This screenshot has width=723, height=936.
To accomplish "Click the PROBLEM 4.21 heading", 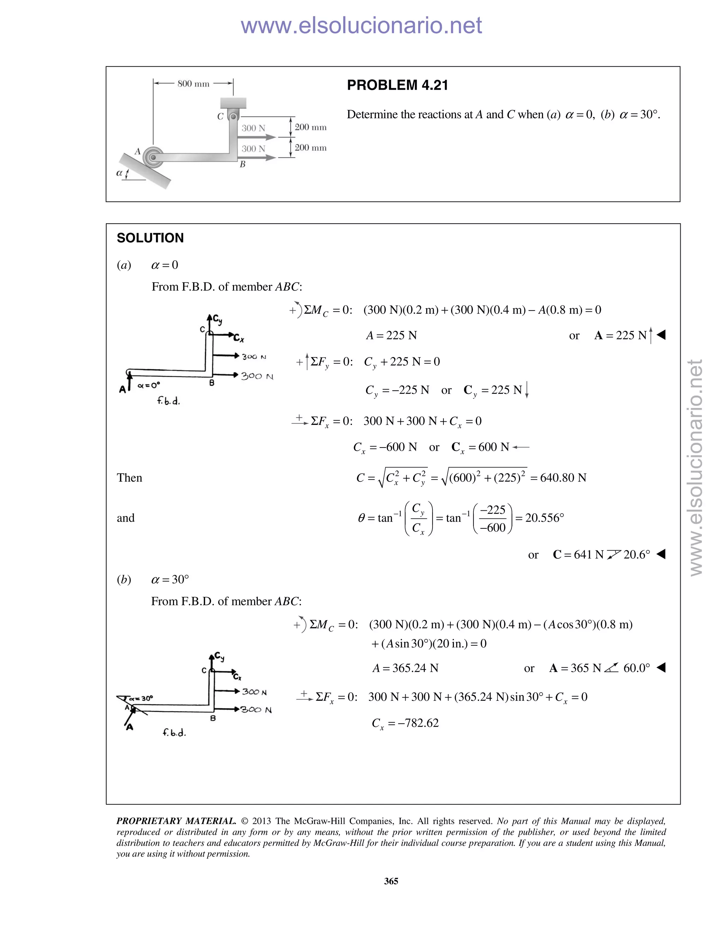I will [x=397, y=85].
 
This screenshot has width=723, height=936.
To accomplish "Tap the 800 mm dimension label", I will [x=193, y=84].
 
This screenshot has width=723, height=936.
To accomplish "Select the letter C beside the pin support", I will [x=220, y=117].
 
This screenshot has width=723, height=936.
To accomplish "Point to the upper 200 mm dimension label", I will [x=311, y=127].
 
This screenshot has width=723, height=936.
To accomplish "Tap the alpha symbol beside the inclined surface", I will [x=120, y=173].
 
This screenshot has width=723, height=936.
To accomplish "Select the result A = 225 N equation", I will [x=391, y=336].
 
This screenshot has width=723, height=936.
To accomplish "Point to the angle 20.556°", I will [x=544, y=518].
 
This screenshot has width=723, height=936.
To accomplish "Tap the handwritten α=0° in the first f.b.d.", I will [x=149, y=385].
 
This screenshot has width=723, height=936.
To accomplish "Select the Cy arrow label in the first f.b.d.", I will [x=217, y=319].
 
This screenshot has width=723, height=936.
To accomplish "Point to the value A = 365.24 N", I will [x=405, y=668].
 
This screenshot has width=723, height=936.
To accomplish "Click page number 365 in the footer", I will [x=391, y=881].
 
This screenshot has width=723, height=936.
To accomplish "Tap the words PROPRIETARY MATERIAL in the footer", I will [x=176, y=821].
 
